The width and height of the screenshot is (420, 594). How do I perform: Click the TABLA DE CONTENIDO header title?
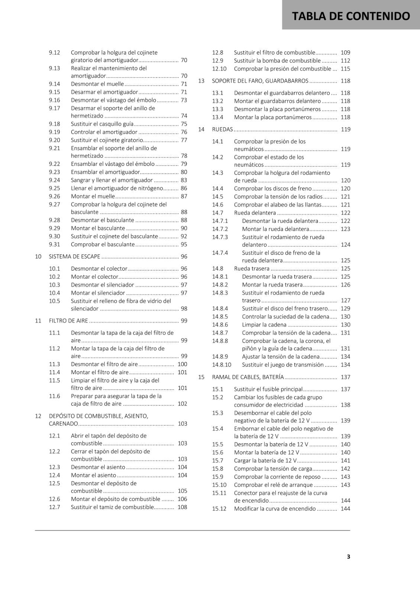(351, 16)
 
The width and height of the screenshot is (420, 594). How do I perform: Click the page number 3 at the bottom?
(348, 557)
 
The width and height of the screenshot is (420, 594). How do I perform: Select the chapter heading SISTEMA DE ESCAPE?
(74, 257)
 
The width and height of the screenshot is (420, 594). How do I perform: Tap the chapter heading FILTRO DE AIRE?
(68, 321)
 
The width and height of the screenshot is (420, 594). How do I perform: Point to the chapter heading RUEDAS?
(222, 130)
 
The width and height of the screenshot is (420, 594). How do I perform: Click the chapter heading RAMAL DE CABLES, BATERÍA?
(248, 377)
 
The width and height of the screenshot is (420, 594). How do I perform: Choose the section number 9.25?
(54, 188)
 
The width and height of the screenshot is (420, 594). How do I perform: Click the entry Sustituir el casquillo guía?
(102, 124)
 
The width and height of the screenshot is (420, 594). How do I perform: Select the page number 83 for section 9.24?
(184, 180)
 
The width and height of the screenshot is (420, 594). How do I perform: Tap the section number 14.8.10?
(222, 365)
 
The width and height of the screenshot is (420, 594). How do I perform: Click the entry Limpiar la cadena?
(264, 325)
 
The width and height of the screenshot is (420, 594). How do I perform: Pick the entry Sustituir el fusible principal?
(268, 389)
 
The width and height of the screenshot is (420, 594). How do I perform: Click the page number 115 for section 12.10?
(345, 69)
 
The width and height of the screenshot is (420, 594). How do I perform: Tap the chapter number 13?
(201, 81)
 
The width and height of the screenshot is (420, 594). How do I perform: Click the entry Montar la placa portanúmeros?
(272, 117)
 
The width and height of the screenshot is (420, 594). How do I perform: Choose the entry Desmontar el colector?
(99, 269)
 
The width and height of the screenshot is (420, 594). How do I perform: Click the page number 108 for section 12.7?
(182, 507)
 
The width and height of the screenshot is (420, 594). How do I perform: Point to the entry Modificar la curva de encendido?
(275, 509)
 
